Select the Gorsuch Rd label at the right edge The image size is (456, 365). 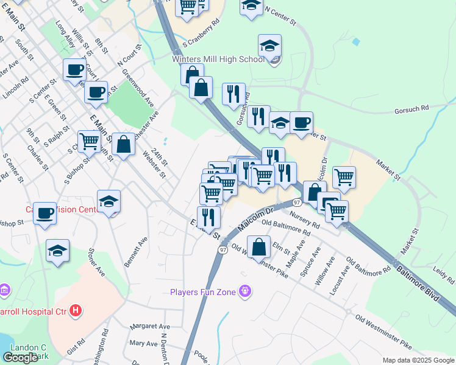(412, 108)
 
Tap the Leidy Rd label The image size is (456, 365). (443, 276)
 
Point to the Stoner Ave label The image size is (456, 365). (96, 262)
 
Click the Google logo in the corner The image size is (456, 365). (20, 358)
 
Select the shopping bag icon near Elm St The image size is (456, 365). (258, 246)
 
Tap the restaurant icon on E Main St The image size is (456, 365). (209, 217)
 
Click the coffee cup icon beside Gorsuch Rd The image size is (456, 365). (301, 122)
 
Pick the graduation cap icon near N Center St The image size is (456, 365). (251, 7)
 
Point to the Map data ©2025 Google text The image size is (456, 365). (418, 360)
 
